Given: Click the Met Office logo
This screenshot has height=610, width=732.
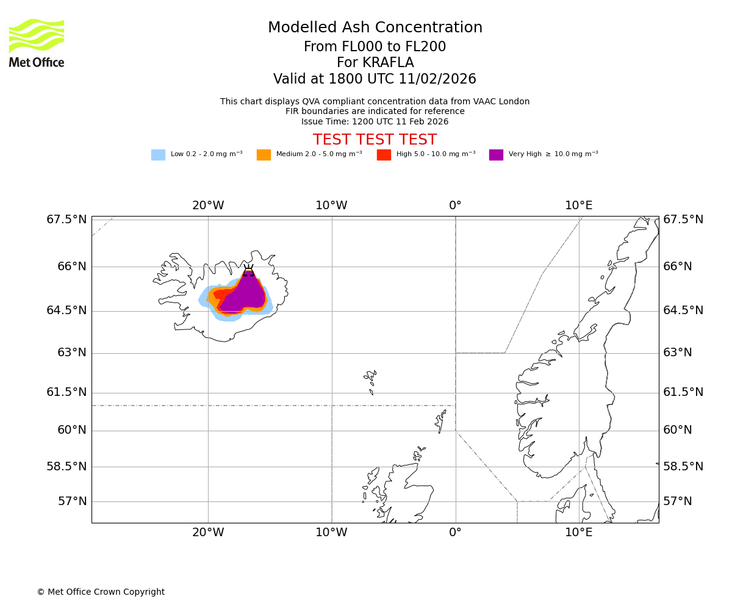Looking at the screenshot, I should tap(37, 43).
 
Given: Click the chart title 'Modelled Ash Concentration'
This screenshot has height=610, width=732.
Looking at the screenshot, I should tap(375, 28).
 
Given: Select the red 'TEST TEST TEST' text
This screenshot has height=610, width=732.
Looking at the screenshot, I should tap(375, 140).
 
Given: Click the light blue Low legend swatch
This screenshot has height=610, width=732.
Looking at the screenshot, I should tap(158, 155).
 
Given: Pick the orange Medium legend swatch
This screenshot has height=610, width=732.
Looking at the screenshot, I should tap(264, 155).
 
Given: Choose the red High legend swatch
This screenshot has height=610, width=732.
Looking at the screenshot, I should tap(384, 155).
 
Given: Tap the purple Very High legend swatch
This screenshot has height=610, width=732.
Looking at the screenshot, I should tap(496, 155).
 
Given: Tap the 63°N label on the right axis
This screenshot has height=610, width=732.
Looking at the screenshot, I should tap(677, 353).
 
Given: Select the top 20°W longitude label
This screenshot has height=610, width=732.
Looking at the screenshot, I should tap(208, 206).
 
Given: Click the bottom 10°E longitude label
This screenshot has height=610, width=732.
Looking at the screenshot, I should tap(578, 533).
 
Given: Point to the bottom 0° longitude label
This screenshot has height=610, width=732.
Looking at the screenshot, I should tap(455, 533).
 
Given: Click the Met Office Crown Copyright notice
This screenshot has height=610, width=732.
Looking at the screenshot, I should tap(101, 592).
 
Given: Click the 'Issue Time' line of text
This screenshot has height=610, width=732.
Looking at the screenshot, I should tap(375, 121).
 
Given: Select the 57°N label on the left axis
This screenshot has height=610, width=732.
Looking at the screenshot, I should tap(72, 501).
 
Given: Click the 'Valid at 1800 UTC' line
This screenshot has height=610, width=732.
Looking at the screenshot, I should tap(375, 79).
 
